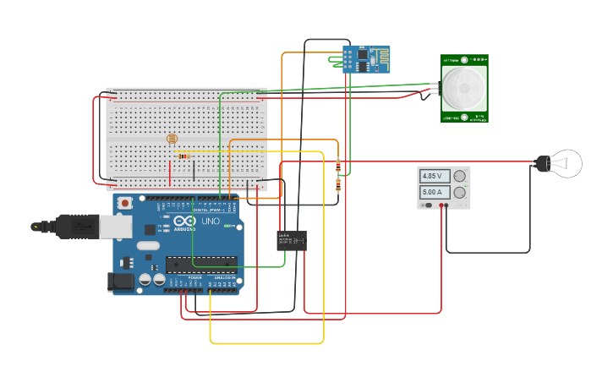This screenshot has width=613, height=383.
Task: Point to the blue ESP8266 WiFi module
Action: point(366,58)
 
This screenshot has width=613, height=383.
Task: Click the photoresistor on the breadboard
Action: point(172,139)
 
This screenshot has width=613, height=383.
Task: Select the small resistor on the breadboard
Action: point(183,156)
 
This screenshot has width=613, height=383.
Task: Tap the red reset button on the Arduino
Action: point(125,203)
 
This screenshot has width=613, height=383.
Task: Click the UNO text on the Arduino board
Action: point(210,222)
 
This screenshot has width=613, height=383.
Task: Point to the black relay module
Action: point(292,241)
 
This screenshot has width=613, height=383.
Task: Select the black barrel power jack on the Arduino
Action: point(121,282)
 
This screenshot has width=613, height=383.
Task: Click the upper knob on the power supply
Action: point(460,176)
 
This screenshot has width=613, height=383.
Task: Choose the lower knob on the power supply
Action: point(460,193)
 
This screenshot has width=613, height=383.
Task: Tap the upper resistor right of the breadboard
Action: point(338,165)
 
